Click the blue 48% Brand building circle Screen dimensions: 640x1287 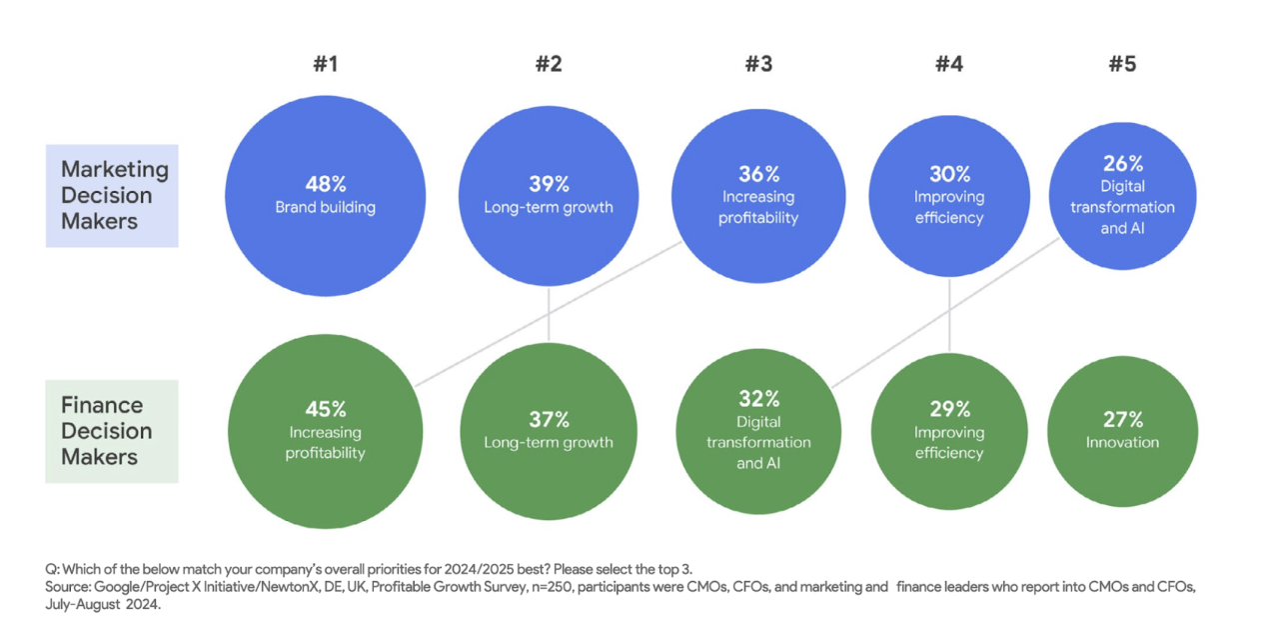[326, 195]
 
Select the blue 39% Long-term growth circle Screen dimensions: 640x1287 [549, 195]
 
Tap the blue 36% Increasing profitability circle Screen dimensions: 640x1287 [758, 195]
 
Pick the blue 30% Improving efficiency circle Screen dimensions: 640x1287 [949, 195]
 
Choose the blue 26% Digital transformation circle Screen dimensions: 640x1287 [1122, 196]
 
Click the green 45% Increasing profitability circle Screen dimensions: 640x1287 [326, 431]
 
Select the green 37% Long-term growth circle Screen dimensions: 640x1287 [549, 431]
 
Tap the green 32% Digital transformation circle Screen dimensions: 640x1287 [758, 431]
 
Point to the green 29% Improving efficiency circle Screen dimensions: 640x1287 [949, 431]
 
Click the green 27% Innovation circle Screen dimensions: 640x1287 [1122, 431]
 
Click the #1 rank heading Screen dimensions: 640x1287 [326, 65]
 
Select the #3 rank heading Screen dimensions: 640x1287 [758, 65]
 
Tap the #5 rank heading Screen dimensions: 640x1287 [1122, 65]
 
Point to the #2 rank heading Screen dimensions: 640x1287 [549, 65]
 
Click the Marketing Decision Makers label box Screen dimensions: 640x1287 [112, 196]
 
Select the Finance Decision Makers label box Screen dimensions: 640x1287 [112, 431]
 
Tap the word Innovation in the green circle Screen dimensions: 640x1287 [1122, 442]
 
